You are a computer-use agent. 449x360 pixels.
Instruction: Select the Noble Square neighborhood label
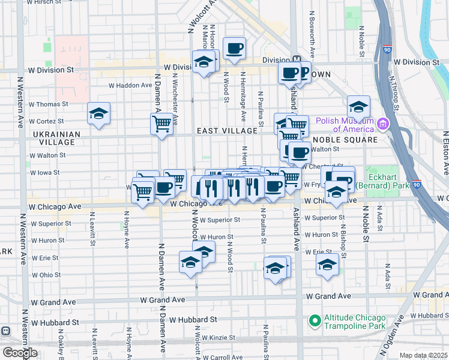coord(345,139)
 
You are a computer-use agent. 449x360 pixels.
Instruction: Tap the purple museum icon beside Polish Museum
coord(382,124)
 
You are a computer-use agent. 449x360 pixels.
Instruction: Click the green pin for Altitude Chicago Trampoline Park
coord(313,320)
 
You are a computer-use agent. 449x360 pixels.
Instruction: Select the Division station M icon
coord(296,60)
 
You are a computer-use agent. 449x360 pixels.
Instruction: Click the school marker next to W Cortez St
coord(98,113)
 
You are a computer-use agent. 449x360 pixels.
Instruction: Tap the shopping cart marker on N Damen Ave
coord(161,124)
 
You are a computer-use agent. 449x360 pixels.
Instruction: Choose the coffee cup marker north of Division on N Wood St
coord(234,47)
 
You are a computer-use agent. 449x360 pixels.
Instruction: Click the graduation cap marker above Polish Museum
coord(358,107)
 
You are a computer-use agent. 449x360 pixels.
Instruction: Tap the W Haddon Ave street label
coord(130,85)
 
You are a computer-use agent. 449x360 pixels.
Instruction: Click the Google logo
coord(20,353)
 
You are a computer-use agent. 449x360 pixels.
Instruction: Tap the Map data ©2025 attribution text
coord(423,355)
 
